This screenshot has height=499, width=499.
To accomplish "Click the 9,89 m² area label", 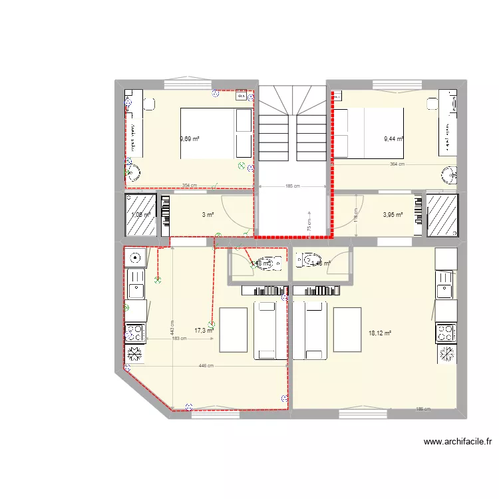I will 190,139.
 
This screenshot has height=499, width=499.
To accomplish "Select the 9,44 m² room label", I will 394,139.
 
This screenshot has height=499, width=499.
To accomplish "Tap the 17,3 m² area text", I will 204,330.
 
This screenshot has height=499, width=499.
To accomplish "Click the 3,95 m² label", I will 393,215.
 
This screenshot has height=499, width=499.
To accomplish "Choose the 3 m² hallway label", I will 208,215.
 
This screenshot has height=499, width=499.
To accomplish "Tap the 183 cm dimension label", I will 179,339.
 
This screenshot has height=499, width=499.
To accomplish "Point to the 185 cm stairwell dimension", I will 293,186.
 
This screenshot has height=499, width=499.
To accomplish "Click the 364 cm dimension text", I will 397,164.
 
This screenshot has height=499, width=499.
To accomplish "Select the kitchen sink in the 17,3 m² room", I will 136,289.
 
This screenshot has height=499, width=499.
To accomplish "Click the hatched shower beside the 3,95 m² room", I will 442,215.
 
